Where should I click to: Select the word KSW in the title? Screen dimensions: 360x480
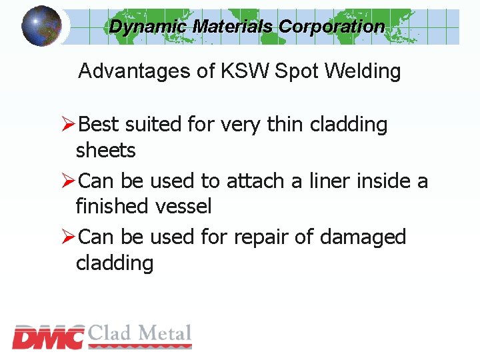pyautogui.click(x=246, y=71)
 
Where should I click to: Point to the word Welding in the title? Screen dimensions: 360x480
pyautogui.click(x=363, y=71)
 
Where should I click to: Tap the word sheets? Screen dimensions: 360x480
pyautogui.click(x=105, y=151)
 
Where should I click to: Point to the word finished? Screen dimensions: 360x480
pyautogui.click(x=113, y=207)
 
